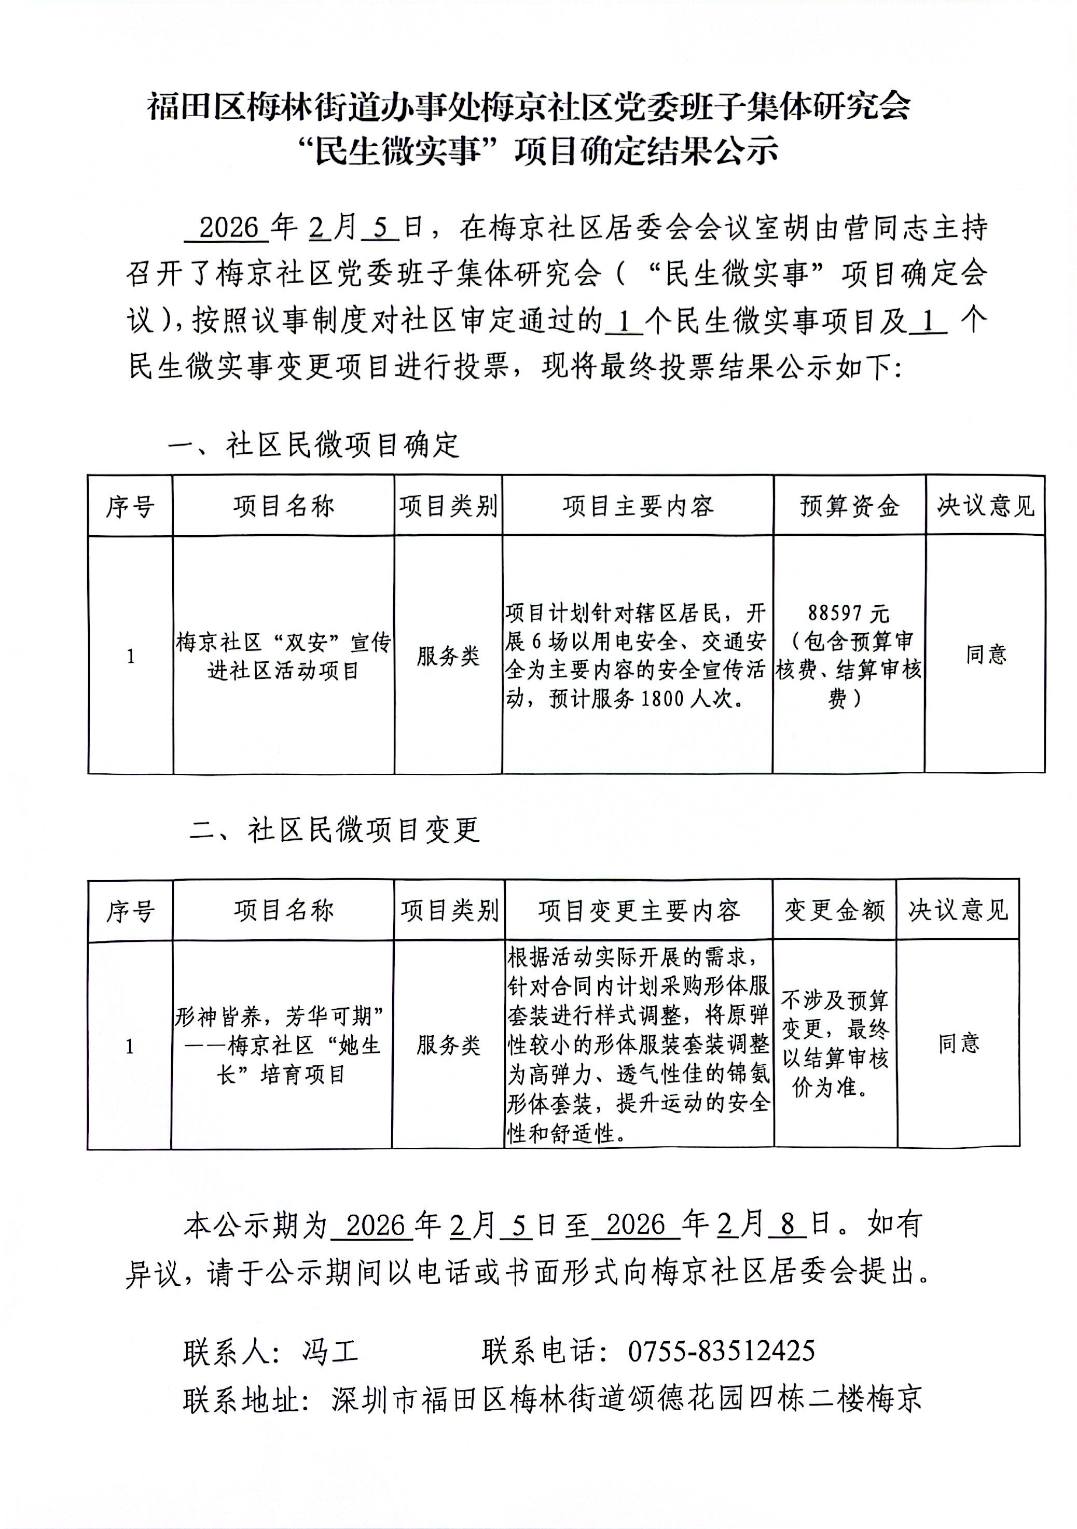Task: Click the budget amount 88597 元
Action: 848,612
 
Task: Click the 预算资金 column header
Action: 849,507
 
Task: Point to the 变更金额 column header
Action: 835,910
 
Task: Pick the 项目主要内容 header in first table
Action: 638,507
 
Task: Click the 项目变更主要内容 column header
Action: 639,910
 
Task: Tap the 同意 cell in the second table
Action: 958,1044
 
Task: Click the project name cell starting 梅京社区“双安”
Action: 283,657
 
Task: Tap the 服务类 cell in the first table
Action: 448,657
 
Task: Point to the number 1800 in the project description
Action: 664,699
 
